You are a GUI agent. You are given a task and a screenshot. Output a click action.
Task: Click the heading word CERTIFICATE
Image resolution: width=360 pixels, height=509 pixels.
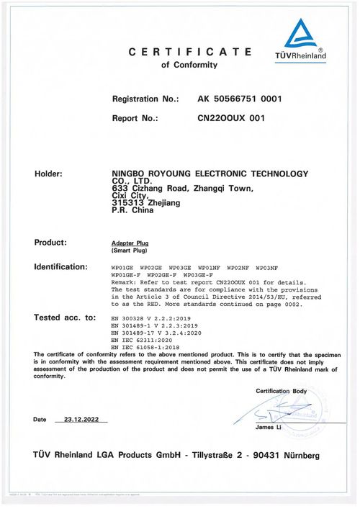(190, 52)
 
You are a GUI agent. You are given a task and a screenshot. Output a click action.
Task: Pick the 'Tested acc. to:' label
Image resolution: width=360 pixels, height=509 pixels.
(65, 317)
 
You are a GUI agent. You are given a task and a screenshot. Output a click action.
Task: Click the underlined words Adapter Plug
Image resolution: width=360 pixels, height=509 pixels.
(127, 244)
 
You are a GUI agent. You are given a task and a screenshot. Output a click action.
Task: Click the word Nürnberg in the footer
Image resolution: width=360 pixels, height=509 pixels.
(296, 456)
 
